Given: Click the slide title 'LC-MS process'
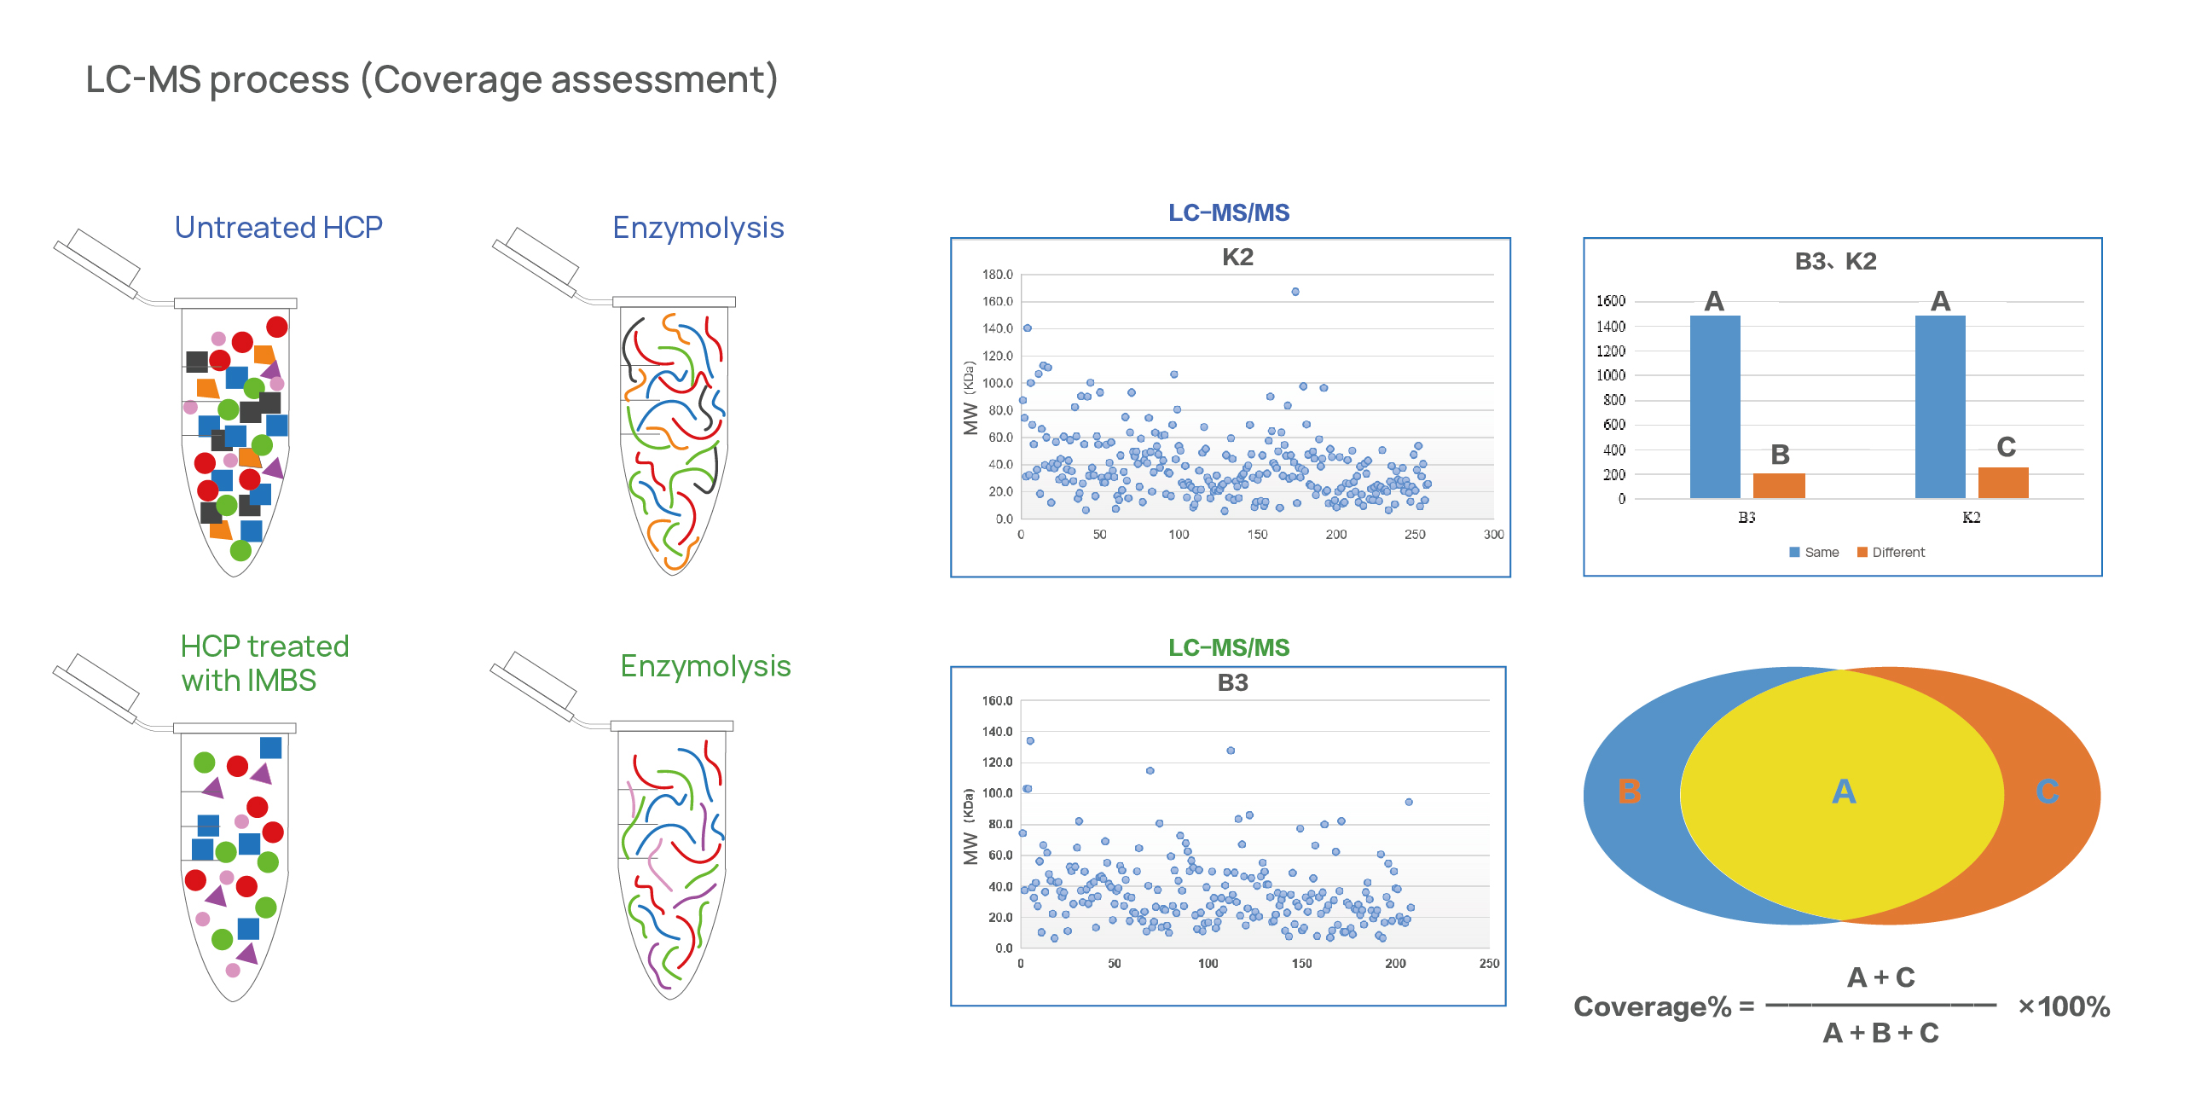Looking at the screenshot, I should pos(431,79).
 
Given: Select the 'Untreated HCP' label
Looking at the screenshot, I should pos(279,228).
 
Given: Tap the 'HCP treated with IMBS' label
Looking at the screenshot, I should pos(264,664).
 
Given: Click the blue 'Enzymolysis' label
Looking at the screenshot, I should pos(698,228).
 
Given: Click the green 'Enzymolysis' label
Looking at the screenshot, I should pos(705,667).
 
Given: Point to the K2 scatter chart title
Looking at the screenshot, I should pos(1237,257).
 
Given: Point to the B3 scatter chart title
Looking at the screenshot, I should pos(1232,683).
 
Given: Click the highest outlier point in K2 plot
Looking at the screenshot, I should pos(1295,293).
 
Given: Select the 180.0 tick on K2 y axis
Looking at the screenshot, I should pos(997,275).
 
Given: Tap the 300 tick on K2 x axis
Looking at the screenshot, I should pos(1493,535).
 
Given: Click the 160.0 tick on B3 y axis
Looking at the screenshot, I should pos(997,701).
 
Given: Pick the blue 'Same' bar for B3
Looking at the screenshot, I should pos(1714,407).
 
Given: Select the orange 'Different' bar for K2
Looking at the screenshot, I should pos(2003,484).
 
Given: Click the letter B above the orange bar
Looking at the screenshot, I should pos(1780,455).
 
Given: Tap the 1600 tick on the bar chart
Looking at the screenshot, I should pos(1610,302).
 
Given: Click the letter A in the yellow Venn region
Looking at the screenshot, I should pos(1843,792).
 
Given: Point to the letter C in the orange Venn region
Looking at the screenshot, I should pos(2047,792).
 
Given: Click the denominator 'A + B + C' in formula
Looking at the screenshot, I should pos(1880,1034).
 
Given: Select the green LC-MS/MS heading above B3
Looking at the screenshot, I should pos(1229,648).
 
